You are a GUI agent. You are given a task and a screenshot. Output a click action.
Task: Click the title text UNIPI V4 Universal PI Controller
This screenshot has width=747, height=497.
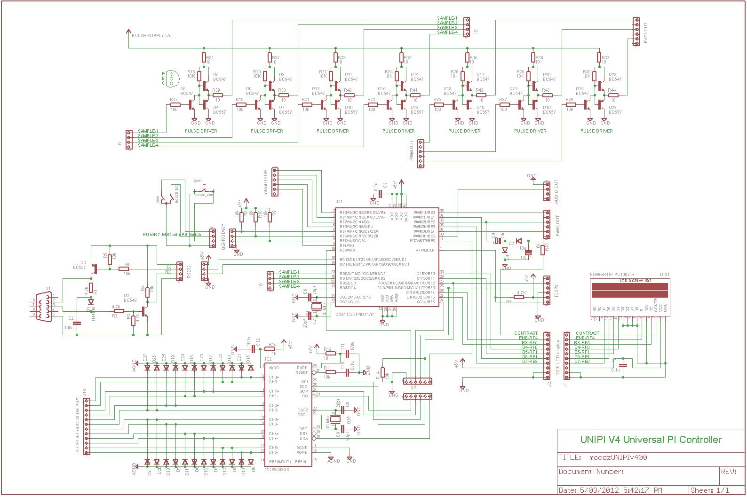tap(651, 440)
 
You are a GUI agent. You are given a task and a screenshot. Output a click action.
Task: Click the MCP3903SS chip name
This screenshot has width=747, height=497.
tap(277, 469)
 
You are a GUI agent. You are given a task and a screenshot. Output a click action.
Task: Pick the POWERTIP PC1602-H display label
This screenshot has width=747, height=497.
tap(612, 275)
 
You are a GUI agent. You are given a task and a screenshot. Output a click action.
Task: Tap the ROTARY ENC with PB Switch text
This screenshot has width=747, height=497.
tap(172, 234)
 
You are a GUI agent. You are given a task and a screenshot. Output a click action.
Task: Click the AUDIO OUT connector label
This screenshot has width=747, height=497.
tap(556, 191)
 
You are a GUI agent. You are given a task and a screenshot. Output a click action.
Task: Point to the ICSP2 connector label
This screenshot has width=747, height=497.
tap(556, 290)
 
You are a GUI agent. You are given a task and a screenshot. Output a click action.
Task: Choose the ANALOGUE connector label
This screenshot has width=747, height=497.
tap(266, 182)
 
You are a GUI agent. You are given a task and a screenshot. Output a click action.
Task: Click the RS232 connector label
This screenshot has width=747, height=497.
tap(188, 271)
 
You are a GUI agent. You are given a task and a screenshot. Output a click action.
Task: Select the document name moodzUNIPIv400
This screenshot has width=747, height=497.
tap(618, 457)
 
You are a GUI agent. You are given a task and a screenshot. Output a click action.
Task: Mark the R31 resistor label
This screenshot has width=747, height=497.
tap(210, 57)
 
